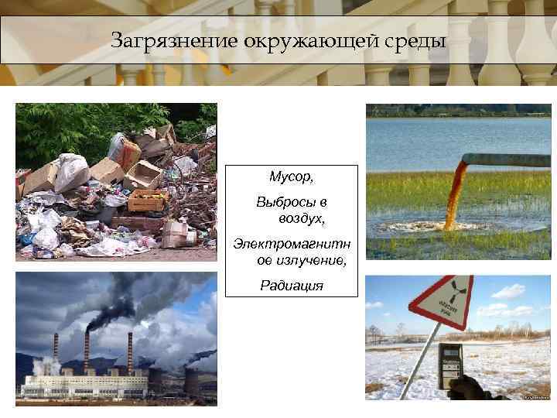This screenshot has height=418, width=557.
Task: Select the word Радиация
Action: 292,285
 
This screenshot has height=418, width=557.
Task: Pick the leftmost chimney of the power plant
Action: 55,352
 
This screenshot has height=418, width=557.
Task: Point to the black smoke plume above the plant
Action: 116,298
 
